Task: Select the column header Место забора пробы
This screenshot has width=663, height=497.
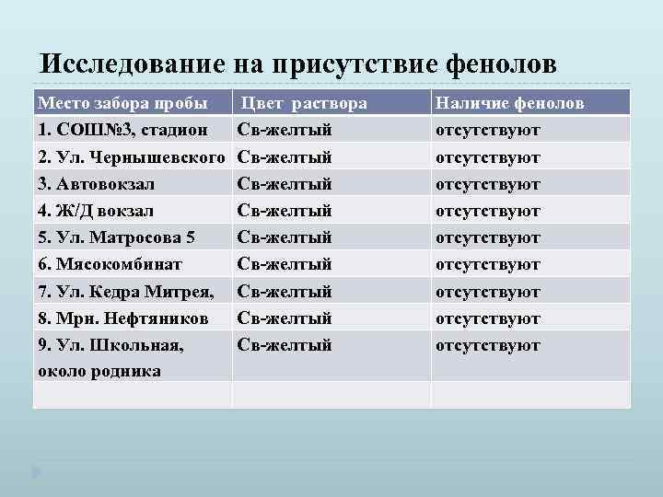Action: click(121, 103)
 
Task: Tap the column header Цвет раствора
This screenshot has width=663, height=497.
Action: click(305, 103)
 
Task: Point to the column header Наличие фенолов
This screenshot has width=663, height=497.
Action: click(509, 103)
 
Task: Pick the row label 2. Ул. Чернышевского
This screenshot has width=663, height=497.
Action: click(131, 157)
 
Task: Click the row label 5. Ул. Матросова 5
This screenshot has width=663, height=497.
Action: click(115, 237)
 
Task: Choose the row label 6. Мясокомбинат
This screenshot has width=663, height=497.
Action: click(110, 264)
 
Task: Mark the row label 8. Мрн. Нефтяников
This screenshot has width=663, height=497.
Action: click(122, 318)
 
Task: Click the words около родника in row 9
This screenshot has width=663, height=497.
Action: click(99, 371)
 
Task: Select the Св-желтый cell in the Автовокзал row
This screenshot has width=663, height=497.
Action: click(285, 184)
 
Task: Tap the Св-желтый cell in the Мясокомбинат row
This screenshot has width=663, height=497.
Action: click(285, 264)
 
